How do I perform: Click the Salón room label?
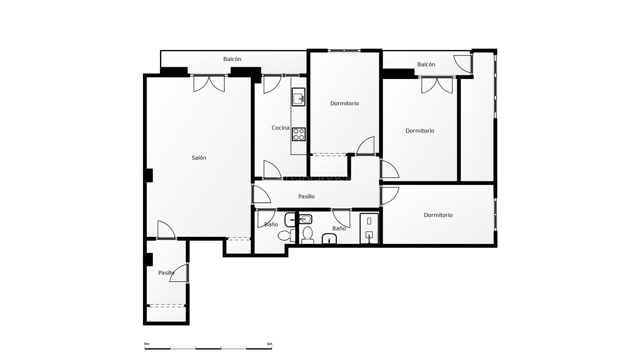199,158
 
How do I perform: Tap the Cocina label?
280,128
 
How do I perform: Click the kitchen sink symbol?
298,97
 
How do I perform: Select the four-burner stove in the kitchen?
299,134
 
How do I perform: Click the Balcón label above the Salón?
232,59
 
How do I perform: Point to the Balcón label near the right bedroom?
426,64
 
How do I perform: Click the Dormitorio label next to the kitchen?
344,103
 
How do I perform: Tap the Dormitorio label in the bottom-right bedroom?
438,215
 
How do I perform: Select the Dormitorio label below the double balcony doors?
420,131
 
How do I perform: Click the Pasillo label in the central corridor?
306,196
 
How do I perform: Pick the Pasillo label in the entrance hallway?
166,273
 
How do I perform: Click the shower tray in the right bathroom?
369,229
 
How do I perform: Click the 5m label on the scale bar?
269,344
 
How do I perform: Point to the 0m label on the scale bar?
147,344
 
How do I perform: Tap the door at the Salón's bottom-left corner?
166,230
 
